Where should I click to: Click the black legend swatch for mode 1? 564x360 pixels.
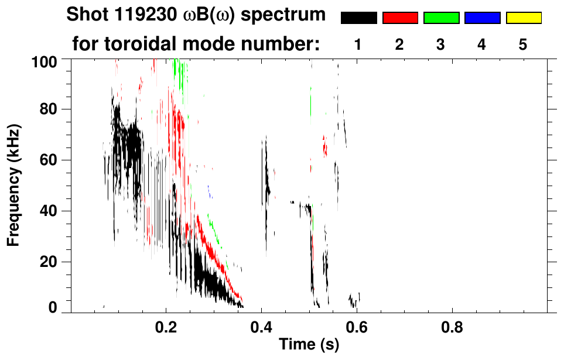click(x=359, y=18)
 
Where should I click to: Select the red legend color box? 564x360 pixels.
click(x=400, y=18)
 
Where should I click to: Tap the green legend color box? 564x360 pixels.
click(x=441, y=18)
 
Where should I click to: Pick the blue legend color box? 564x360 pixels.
click(x=482, y=18)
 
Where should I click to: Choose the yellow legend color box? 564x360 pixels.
click(x=524, y=18)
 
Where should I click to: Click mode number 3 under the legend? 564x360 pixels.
click(x=441, y=45)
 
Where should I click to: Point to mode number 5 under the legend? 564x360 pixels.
click(x=524, y=45)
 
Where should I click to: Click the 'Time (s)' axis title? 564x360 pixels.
click(x=309, y=345)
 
